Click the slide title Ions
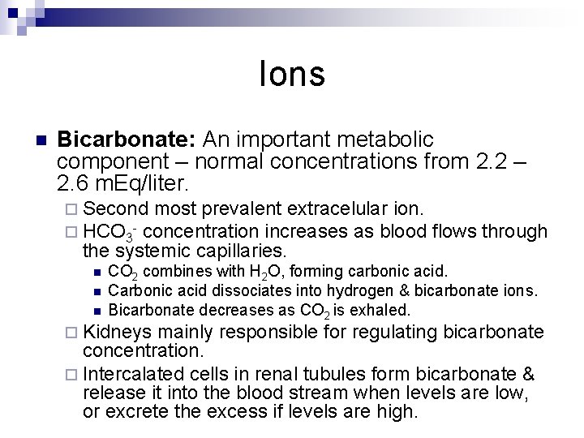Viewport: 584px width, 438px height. coord(292,75)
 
